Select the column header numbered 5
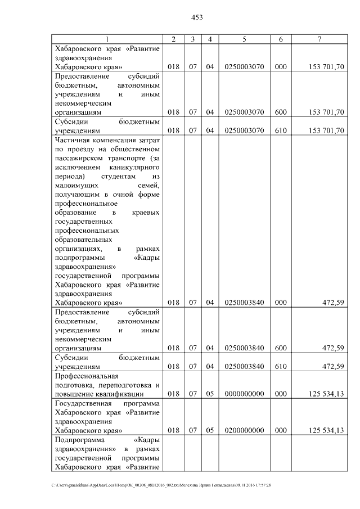click(x=244, y=38)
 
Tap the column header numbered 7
click(x=319, y=38)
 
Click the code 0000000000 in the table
click(x=244, y=394)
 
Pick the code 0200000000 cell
click(x=244, y=430)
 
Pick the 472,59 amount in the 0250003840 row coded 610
click(x=332, y=366)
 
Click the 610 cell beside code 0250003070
click(x=281, y=130)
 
